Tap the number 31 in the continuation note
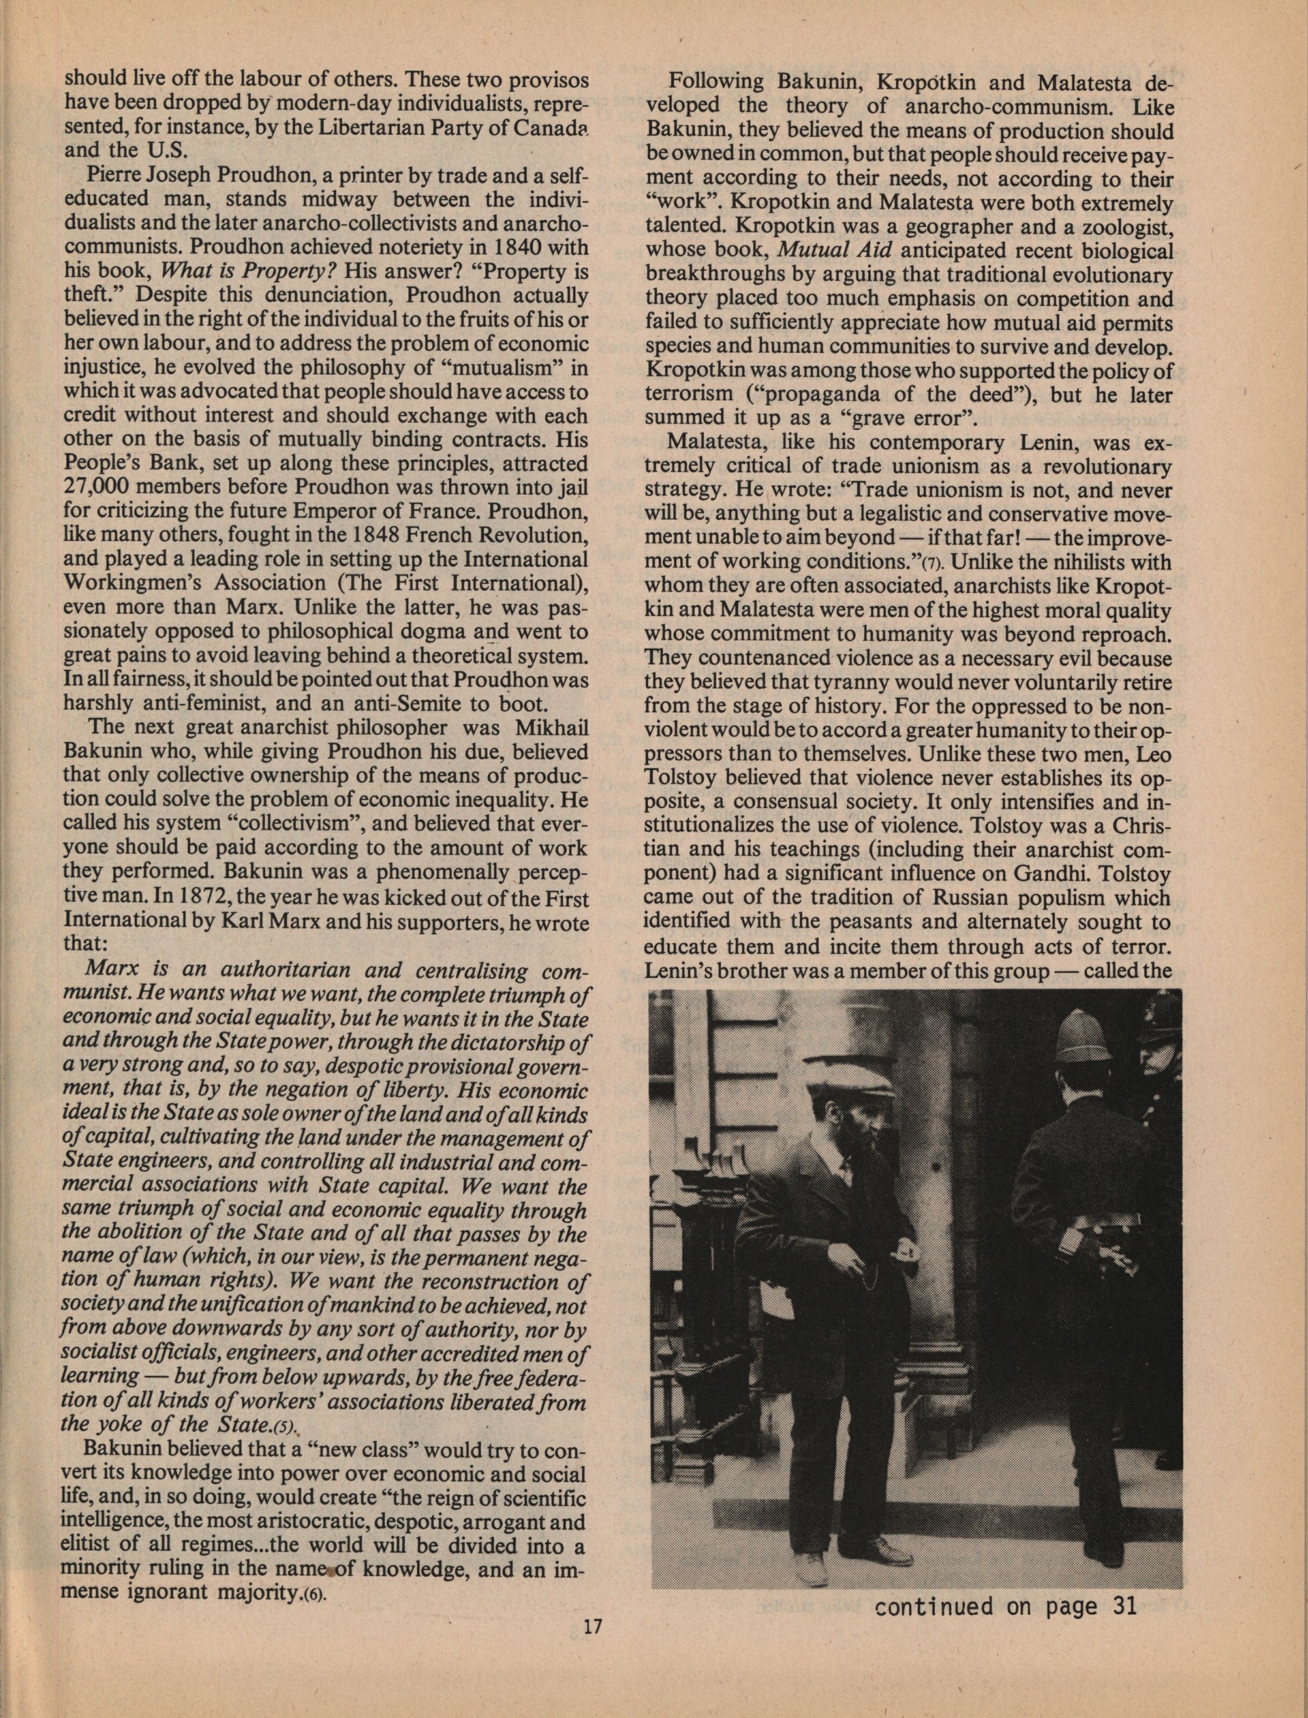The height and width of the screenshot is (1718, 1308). tap(1121, 1605)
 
